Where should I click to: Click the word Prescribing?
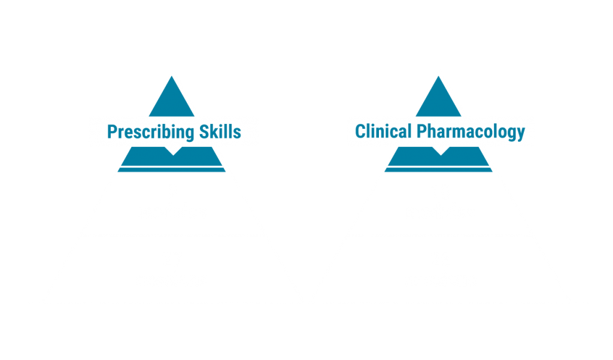click(x=150, y=132)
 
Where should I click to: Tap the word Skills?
click(x=220, y=132)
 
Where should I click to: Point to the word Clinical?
click(x=383, y=131)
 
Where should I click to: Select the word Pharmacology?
click(x=471, y=132)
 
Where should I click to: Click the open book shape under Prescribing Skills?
click(x=172, y=156)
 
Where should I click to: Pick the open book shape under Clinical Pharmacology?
click(x=438, y=156)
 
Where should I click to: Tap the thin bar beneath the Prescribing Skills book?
click(x=172, y=170)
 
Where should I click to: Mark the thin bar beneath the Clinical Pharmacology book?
click(x=438, y=170)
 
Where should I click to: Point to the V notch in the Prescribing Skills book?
click(x=173, y=151)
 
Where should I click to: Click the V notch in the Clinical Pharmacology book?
click(x=441, y=151)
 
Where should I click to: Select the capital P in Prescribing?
click(x=113, y=132)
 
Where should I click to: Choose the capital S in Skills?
click(x=205, y=132)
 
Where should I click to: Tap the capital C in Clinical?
click(x=360, y=131)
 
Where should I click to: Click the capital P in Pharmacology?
click(x=422, y=131)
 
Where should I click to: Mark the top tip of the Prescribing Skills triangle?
click(x=172, y=76)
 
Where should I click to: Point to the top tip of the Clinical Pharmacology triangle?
click(x=438, y=76)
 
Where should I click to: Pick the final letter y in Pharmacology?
click(x=520, y=135)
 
